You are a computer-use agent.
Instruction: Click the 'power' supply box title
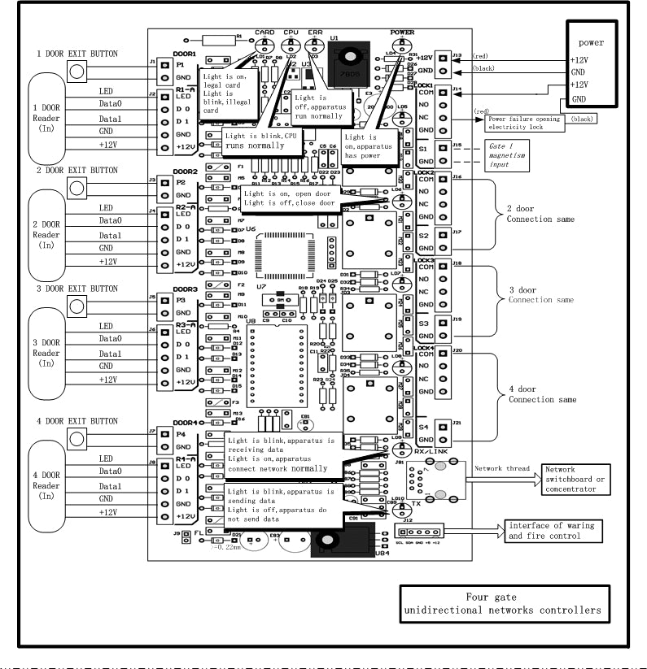592,42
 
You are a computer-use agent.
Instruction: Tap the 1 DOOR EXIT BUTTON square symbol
77,72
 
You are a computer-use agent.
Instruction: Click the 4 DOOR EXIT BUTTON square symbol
77,439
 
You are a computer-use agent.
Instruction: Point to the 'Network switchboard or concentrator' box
576,480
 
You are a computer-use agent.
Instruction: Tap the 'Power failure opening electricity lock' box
524,124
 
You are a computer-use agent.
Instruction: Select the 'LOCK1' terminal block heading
423,85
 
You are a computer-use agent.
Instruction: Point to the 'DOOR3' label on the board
186,289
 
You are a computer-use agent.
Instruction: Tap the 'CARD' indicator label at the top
264,33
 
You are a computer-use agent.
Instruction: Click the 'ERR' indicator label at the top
316,33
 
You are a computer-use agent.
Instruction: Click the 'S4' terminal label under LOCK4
423,427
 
